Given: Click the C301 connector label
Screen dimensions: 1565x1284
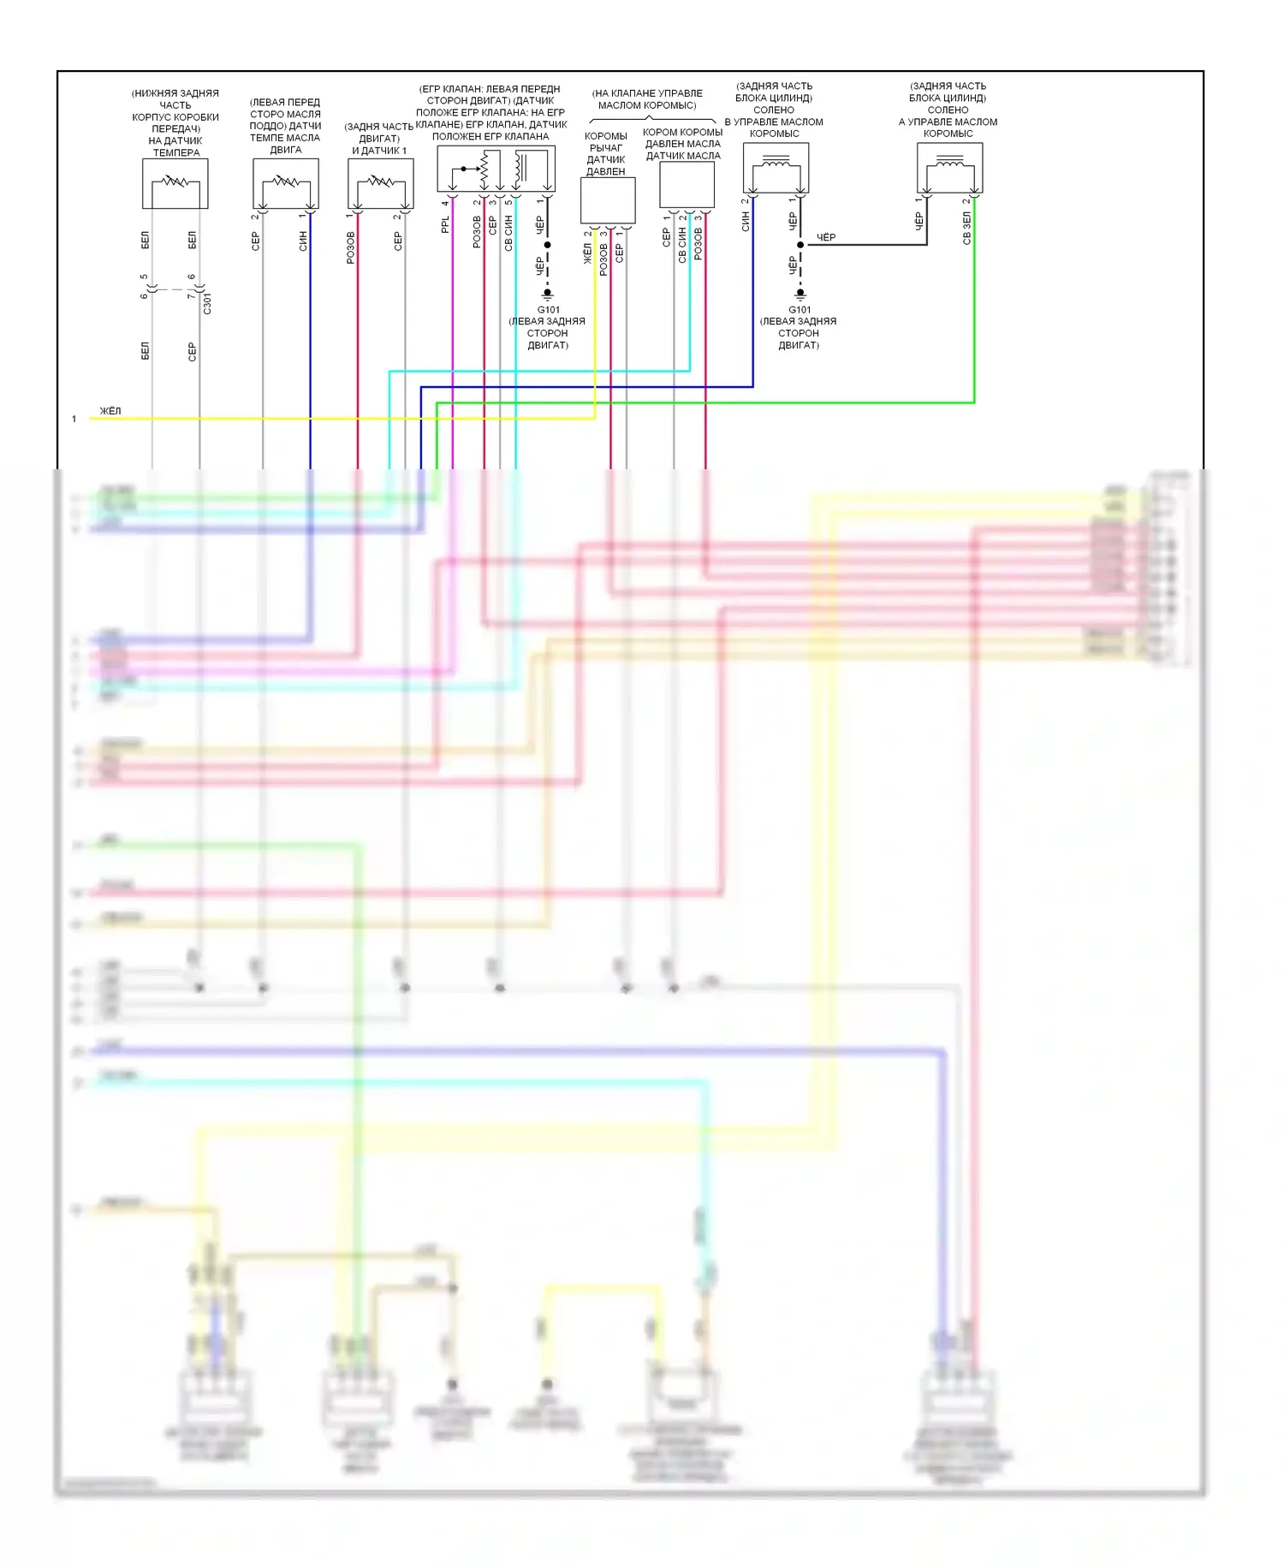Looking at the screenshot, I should (x=207, y=303).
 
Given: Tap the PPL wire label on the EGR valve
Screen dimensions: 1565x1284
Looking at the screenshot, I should (x=445, y=225).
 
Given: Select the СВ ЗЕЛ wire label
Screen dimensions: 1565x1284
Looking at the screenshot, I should (x=967, y=229).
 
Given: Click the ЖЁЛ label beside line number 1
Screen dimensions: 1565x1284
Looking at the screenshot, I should (x=110, y=411).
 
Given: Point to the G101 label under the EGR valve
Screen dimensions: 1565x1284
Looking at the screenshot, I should (x=548, y=310).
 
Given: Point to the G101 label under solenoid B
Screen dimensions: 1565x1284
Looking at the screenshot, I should (x=800, y=310).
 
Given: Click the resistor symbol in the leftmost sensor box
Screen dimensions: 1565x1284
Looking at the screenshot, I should (x=175, y=181).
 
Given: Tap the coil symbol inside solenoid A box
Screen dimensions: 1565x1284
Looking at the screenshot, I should (x=949, y=162).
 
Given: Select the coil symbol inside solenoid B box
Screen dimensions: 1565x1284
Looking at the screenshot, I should (x=776, y=162).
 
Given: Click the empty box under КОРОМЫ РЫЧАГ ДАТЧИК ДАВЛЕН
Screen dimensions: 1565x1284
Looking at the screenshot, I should (x=608, y=201).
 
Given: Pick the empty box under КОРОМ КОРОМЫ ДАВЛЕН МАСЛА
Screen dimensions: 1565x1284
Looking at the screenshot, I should (x=687, y=185).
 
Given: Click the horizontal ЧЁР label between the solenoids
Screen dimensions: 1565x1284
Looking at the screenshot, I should (x=826, y=237).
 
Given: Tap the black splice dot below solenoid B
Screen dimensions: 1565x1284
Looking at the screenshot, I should (x=800, y=245).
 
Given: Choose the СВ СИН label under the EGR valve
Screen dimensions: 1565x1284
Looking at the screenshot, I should (x=508, y=232).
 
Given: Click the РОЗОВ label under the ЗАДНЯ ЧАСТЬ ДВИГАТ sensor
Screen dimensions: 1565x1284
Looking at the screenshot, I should (x=351, y=247).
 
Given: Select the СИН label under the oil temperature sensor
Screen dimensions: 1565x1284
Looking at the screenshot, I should (x=303, y=241).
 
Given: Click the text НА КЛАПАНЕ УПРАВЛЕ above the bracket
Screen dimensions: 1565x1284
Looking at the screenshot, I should (x=647, y=93).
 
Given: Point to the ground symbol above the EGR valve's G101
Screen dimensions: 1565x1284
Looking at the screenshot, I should (x=548, y=294).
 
